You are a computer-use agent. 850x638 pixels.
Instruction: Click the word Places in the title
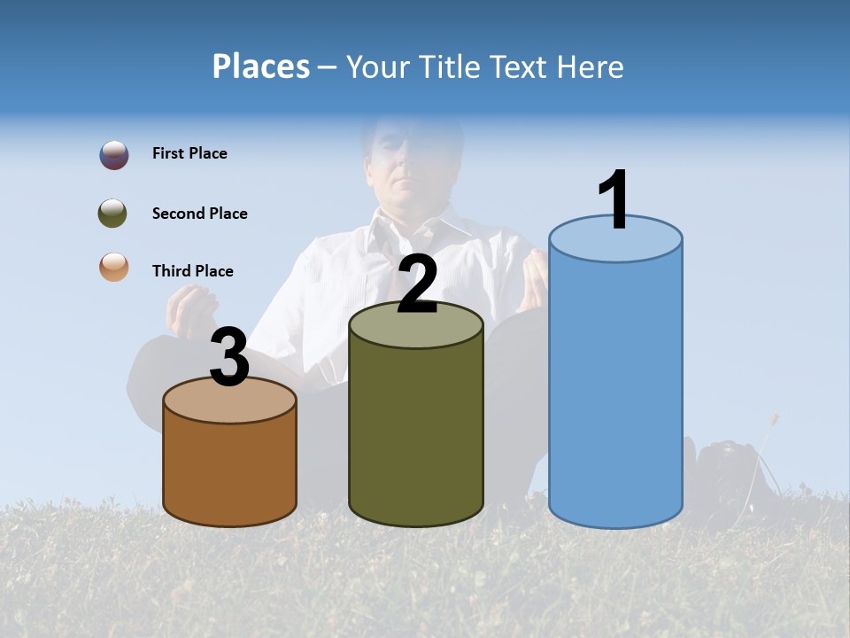260,66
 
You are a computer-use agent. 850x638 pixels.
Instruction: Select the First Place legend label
189,153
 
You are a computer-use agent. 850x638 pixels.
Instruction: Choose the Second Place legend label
199,214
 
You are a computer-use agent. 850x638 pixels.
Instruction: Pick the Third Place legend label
192,271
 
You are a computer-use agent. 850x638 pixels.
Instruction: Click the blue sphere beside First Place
113,155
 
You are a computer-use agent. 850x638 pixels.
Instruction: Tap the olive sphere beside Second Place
113,214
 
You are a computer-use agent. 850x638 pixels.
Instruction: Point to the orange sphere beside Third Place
113,267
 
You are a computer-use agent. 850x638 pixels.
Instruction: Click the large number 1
614,200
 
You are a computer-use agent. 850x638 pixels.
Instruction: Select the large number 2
417,284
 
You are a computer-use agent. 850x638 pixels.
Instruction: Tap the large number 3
229,357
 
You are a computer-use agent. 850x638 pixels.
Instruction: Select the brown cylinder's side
229,470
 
